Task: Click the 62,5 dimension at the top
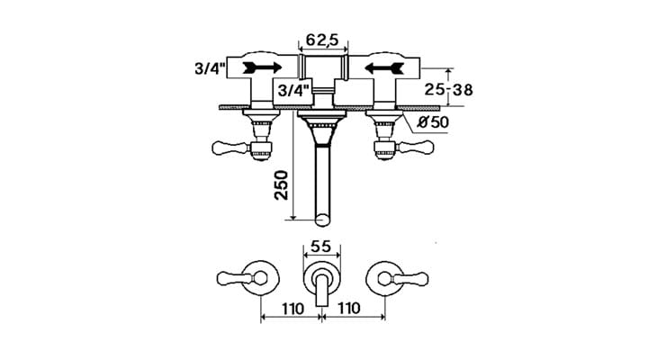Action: (x=322, y=40)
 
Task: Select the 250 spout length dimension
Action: (x=281, y=185)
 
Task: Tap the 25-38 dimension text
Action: (x=448, y=90)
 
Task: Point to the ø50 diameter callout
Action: (x=432, y=122)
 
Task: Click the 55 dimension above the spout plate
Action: (x=321, y=247)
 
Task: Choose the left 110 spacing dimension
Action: (x=292, y=308)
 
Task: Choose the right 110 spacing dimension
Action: (x=348, y=308)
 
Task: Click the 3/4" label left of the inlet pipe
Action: (x=210, y=68)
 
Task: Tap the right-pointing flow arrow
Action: (x=262, y=67)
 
